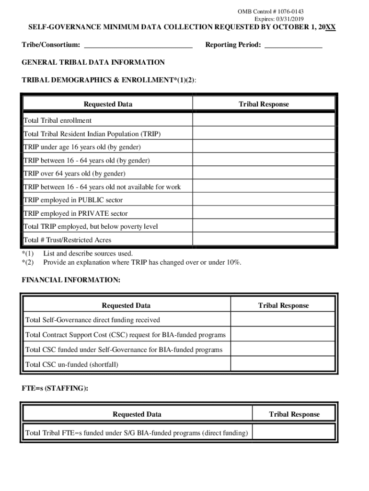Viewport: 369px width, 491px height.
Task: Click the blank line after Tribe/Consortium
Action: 138,45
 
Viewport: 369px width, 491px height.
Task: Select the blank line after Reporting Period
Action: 293,45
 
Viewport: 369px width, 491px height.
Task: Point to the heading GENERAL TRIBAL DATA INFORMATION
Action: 93,62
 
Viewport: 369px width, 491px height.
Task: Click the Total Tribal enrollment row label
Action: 58,120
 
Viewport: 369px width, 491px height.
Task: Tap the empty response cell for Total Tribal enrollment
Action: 264,120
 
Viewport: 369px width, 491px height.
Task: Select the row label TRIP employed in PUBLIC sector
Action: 73,200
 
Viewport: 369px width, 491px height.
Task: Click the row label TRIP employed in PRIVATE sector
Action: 75,213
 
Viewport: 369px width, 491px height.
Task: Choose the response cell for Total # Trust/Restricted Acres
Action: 264,240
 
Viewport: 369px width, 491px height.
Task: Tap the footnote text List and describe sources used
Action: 88,253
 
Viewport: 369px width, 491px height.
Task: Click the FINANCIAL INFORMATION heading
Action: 71,280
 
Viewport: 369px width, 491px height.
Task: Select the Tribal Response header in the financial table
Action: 283,305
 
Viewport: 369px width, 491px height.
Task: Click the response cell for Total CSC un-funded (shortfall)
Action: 283,364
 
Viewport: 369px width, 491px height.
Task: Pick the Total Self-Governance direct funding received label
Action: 92,320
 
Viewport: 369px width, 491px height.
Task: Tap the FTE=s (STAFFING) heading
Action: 55,389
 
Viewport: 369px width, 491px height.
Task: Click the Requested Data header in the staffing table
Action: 137,414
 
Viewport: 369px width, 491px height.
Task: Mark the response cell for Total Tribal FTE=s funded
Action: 294,433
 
